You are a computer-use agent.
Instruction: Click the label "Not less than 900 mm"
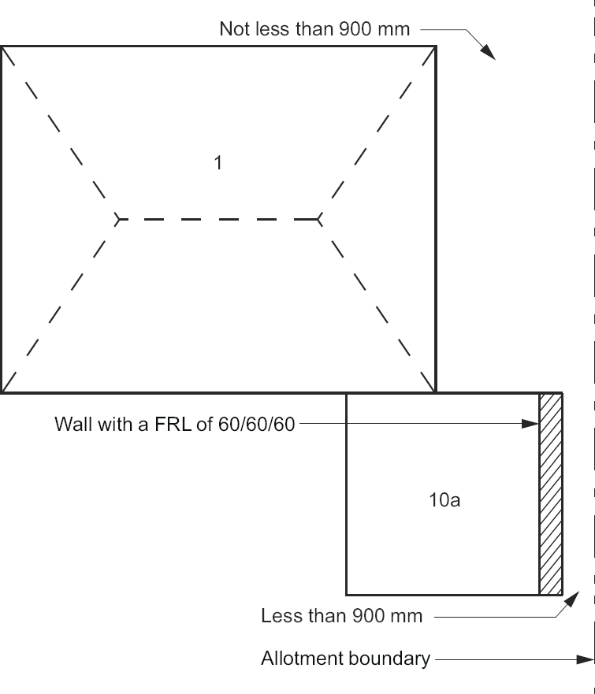(x=314, y=29)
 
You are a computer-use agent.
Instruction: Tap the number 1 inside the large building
(x=218, y=163)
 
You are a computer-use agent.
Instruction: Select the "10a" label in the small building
(x=444, y=499)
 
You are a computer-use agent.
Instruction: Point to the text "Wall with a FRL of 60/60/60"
(x=174, y=425)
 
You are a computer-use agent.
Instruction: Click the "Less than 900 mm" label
(x=341, y=616)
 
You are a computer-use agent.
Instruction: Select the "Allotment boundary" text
(x=345, y=659)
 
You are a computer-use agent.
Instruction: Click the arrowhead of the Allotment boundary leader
(x=586, y=659)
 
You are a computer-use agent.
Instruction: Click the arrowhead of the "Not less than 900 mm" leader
(x=489, y=53)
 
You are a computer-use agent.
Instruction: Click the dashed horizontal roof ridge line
(x=218, y=219)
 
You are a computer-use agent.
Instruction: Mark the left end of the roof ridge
(x=118, y=219)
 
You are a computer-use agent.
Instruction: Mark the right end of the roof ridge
(x=318, y=219)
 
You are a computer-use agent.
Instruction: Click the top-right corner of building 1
(x=436, y=46)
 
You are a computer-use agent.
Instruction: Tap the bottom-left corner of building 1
(x=2, y=392)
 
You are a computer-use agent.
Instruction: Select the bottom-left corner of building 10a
(x=347, y=593)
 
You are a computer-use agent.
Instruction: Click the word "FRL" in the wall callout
(x=176, y=425)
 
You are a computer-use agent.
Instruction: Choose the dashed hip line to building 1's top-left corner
(x=59, y=132)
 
